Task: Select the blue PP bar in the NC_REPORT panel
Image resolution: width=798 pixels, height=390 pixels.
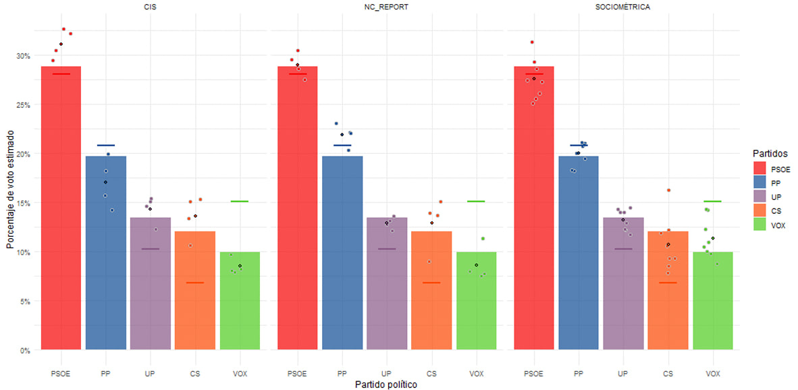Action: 342,256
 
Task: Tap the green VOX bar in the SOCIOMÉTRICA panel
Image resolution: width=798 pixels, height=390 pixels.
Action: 712,304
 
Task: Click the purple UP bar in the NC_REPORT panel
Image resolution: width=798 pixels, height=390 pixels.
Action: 386,290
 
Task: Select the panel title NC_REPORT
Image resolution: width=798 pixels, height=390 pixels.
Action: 386,7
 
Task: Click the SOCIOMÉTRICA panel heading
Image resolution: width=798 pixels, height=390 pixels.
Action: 622,7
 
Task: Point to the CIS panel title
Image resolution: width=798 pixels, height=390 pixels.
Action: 150,7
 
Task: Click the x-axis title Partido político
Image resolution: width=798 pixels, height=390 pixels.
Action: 386,385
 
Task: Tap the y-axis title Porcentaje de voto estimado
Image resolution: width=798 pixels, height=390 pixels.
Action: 10,190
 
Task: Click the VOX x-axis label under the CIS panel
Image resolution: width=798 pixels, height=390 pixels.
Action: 240,373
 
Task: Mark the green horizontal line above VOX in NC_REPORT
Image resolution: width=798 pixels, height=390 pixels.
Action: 476,201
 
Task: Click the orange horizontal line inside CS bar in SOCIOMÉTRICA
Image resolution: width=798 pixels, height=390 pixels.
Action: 668,282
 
